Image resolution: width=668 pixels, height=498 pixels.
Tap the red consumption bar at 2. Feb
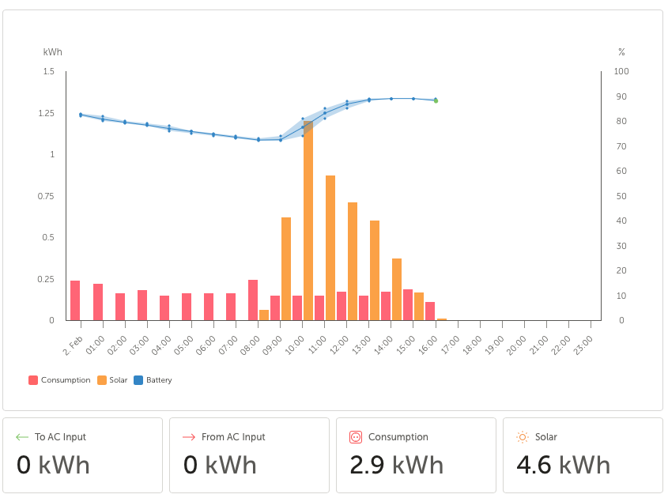[75, 300]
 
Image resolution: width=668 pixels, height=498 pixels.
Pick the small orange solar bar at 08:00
[264, 315]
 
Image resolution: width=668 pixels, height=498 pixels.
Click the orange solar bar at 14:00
[397, 289]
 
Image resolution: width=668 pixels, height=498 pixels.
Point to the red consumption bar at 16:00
[430, 311]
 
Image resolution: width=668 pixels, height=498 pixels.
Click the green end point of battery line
[436, 100]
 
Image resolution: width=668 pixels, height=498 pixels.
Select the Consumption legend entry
[59, 380]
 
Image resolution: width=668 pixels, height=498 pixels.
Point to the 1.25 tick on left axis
[47, 113]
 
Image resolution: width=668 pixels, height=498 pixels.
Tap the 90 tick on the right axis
[621, 96]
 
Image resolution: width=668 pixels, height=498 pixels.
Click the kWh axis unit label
[52, 52]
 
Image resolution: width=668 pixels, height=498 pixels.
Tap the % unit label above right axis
[621, 52]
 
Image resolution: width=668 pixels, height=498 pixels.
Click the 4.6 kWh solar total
[563, 464]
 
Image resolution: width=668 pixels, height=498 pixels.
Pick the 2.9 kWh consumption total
[397, 464]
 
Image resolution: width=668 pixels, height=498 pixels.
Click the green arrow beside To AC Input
[22, 437]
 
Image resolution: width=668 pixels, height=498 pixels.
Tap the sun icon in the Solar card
[523, 437]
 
